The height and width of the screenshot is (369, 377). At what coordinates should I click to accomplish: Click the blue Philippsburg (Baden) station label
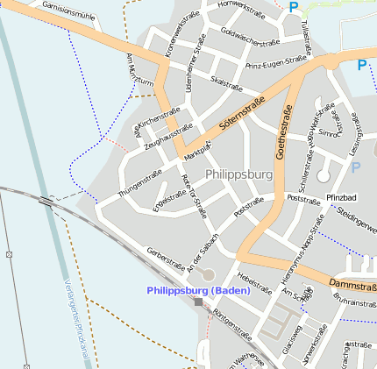[199, 290]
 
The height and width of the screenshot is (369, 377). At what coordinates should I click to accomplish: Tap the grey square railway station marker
[199, 302]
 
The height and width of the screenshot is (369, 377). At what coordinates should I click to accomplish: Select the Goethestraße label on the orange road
[284, 132]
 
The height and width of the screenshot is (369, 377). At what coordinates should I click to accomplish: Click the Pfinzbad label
[343, 198]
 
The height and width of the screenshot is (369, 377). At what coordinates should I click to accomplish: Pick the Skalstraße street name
[226, 82]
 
